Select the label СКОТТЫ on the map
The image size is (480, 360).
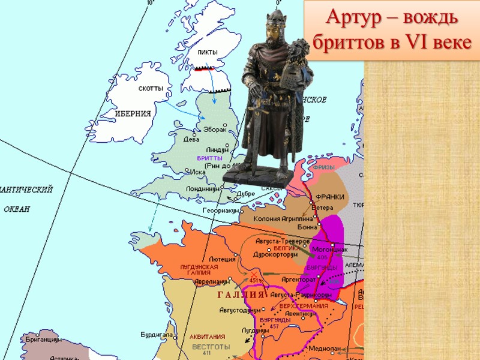pyautogui.click(x=151, y=88)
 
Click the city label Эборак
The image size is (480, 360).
pyautogui.click(x=215, y=129)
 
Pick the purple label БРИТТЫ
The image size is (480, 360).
pyautogui.click(x=209, y=157)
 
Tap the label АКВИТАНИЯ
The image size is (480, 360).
pyautogui.click(x=207, y=337)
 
